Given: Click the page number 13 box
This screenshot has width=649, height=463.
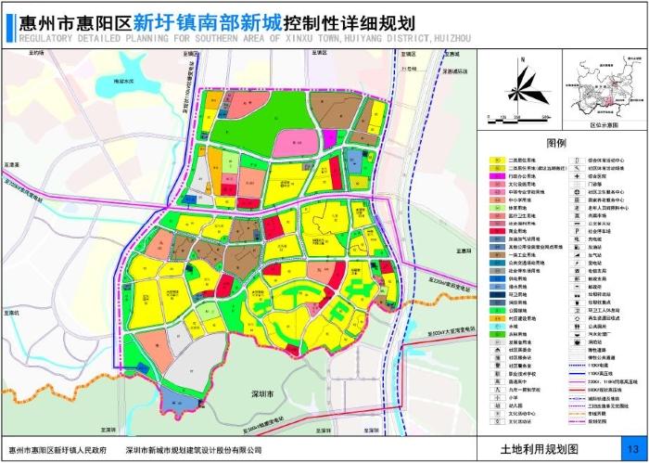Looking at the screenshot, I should [632, 448].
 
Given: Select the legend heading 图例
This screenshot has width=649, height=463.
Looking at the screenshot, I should [556, 144].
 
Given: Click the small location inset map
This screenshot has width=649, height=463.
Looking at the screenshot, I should [604, 88].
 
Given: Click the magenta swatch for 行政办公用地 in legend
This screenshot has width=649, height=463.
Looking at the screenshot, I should [498, 175].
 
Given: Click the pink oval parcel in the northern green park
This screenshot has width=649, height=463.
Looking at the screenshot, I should [294, 141].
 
